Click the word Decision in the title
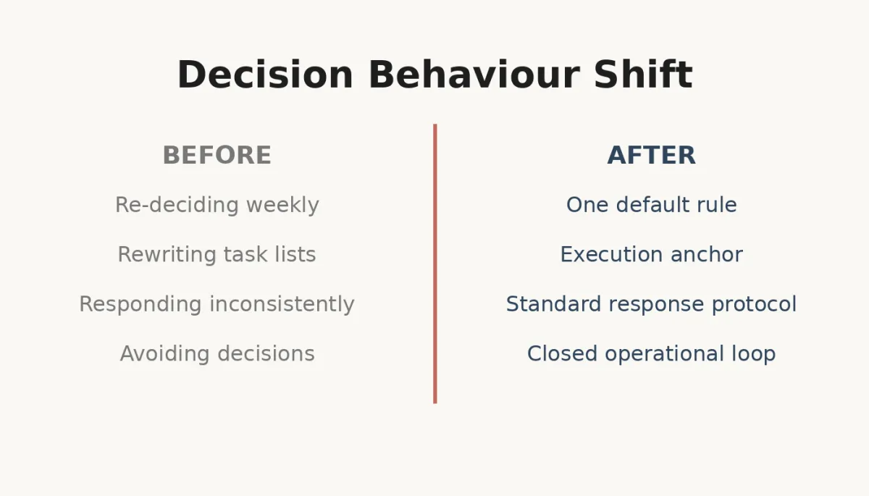(x=264, y=75)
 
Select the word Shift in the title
(x=642, y=75)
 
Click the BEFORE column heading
(x=217, y=156)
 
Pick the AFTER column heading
(x=651, y=156)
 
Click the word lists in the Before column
(x=296, y=255)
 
